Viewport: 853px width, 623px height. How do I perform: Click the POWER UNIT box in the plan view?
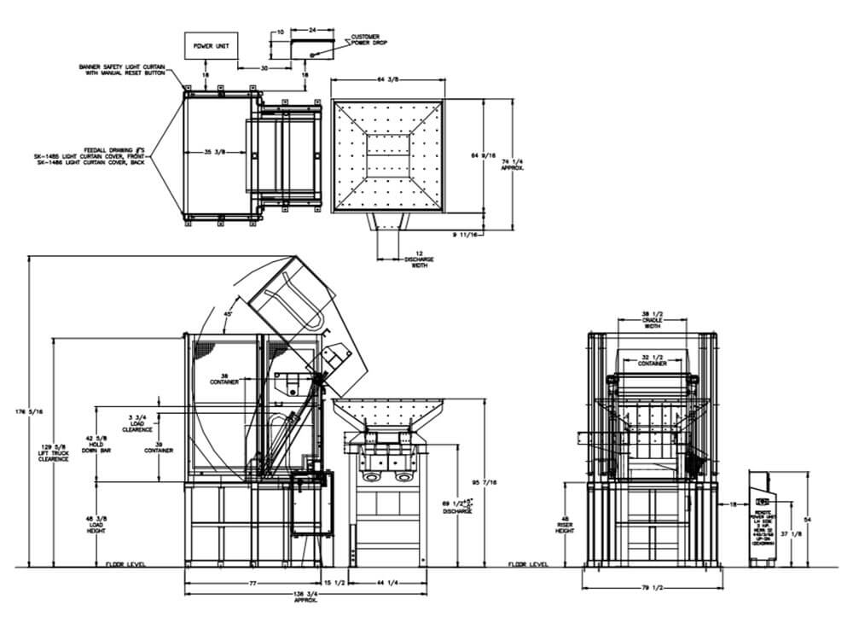click(211, 45)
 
